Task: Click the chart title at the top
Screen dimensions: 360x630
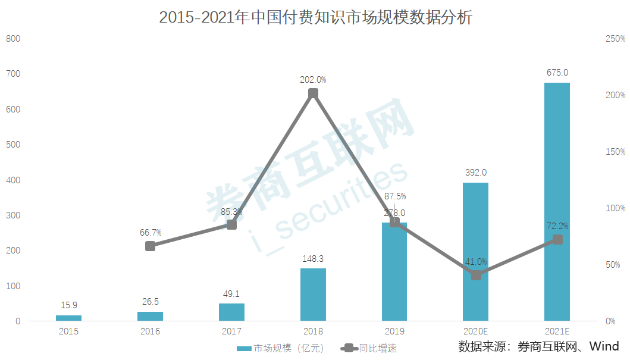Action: click(315, 18)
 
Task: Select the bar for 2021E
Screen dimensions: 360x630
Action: click(557, 202)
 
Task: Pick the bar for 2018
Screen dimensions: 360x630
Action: click(313, 295)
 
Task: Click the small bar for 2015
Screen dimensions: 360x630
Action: click(68, 318)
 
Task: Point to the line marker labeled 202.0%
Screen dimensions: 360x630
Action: click(313, 93)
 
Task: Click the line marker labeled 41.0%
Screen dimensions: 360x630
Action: click(476, 275)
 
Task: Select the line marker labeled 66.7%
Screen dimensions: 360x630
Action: click(151, 246)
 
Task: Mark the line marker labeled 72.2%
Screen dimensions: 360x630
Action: click(557, 239)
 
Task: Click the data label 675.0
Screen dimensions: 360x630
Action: click(557, 73)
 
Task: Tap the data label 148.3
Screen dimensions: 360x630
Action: click(313, 259)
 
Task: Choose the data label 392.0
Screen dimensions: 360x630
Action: click(475, 173)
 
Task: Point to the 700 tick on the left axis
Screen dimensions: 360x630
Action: click(13, 74)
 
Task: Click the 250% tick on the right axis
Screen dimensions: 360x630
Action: click(615, 39)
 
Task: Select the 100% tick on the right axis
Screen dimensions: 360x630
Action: click(615, 208)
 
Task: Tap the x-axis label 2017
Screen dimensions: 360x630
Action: click(231, 331)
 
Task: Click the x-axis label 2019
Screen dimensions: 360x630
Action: click(394, 331)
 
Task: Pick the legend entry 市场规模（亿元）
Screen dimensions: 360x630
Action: click(279, 348)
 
